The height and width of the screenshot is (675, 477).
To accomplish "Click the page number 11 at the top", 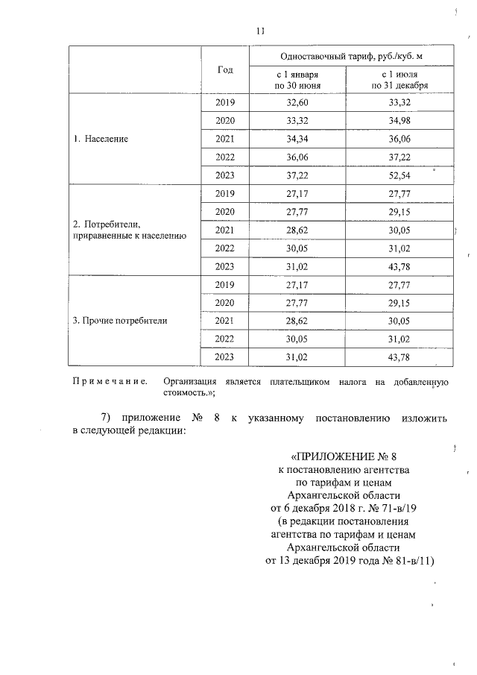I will (259, 31).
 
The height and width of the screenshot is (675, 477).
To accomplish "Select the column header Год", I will (225, 69).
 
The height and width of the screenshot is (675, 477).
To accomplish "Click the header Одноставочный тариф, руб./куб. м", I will (349, 57).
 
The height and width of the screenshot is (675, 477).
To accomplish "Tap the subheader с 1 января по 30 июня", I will (297, 80).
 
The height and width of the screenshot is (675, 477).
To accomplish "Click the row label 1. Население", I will (101, 139).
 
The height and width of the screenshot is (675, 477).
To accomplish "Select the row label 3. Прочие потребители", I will (120, 321).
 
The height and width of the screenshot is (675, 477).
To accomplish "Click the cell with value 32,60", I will (297, 102).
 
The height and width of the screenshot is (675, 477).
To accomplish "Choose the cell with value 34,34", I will (297, 139).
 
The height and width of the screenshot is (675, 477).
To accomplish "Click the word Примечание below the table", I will (107, 382).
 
